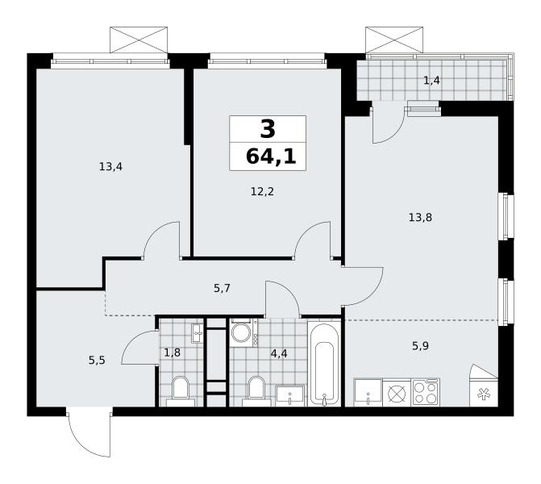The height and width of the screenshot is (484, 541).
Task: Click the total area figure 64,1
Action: [271, 156]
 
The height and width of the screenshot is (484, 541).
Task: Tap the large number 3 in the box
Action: [268, 128]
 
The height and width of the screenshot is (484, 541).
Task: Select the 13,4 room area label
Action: [110, 167]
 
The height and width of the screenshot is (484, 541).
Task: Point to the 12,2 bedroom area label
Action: [262, 191]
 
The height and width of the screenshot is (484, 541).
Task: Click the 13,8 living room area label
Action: [420, 218]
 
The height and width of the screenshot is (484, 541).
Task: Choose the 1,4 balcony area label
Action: [431, 81]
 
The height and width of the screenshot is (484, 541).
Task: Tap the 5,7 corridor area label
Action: [222, 288]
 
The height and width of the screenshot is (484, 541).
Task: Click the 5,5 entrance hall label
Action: [97, 361]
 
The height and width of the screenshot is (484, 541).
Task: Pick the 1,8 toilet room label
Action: [173, 353]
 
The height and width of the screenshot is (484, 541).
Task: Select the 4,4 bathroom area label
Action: [279, 353]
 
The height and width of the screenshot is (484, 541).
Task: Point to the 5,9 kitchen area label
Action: [420, 345]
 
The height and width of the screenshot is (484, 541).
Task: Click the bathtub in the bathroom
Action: [324, 364]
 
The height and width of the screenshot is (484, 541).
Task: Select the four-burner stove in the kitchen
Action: [426, 392]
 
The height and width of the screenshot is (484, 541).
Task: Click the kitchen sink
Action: [368, 393]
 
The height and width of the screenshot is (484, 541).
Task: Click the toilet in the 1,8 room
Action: [181, 392]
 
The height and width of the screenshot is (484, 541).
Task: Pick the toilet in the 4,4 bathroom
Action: [256, 392]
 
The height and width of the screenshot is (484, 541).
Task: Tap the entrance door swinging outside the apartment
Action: [89, 433]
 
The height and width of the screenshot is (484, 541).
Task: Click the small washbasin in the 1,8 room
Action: [198, 333]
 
